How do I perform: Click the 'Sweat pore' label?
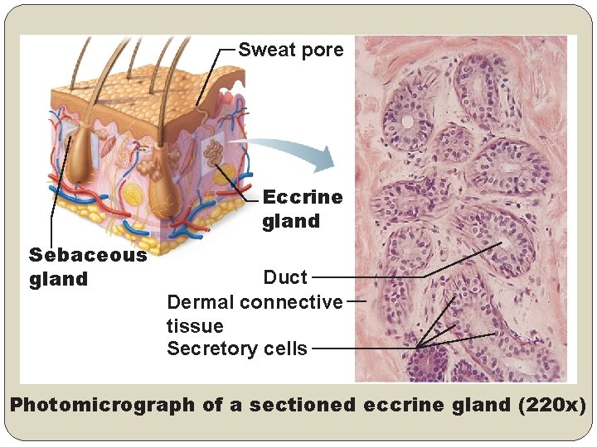pyautogui.click(x=290, y=50)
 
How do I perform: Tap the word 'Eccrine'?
pyautogui.click(x=302, y=197)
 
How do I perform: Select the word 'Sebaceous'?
pyautogui.click(x=88, y=255)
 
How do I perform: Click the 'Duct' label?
pyautogui.click(x=285, y=277)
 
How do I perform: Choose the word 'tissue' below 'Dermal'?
pyautogui.click(x=195, y=326)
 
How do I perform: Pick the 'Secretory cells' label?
pyautogui.click(x=237, y=348)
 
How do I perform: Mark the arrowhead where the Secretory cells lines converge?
pyautogui.click(x=420, y=346)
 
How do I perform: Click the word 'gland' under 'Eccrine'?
pyautogui.click(x=291, y=221)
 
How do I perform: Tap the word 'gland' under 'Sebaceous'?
pyautogui.click(x=58, y=279)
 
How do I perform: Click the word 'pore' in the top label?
pyautogui.click(x=323, y=50)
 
